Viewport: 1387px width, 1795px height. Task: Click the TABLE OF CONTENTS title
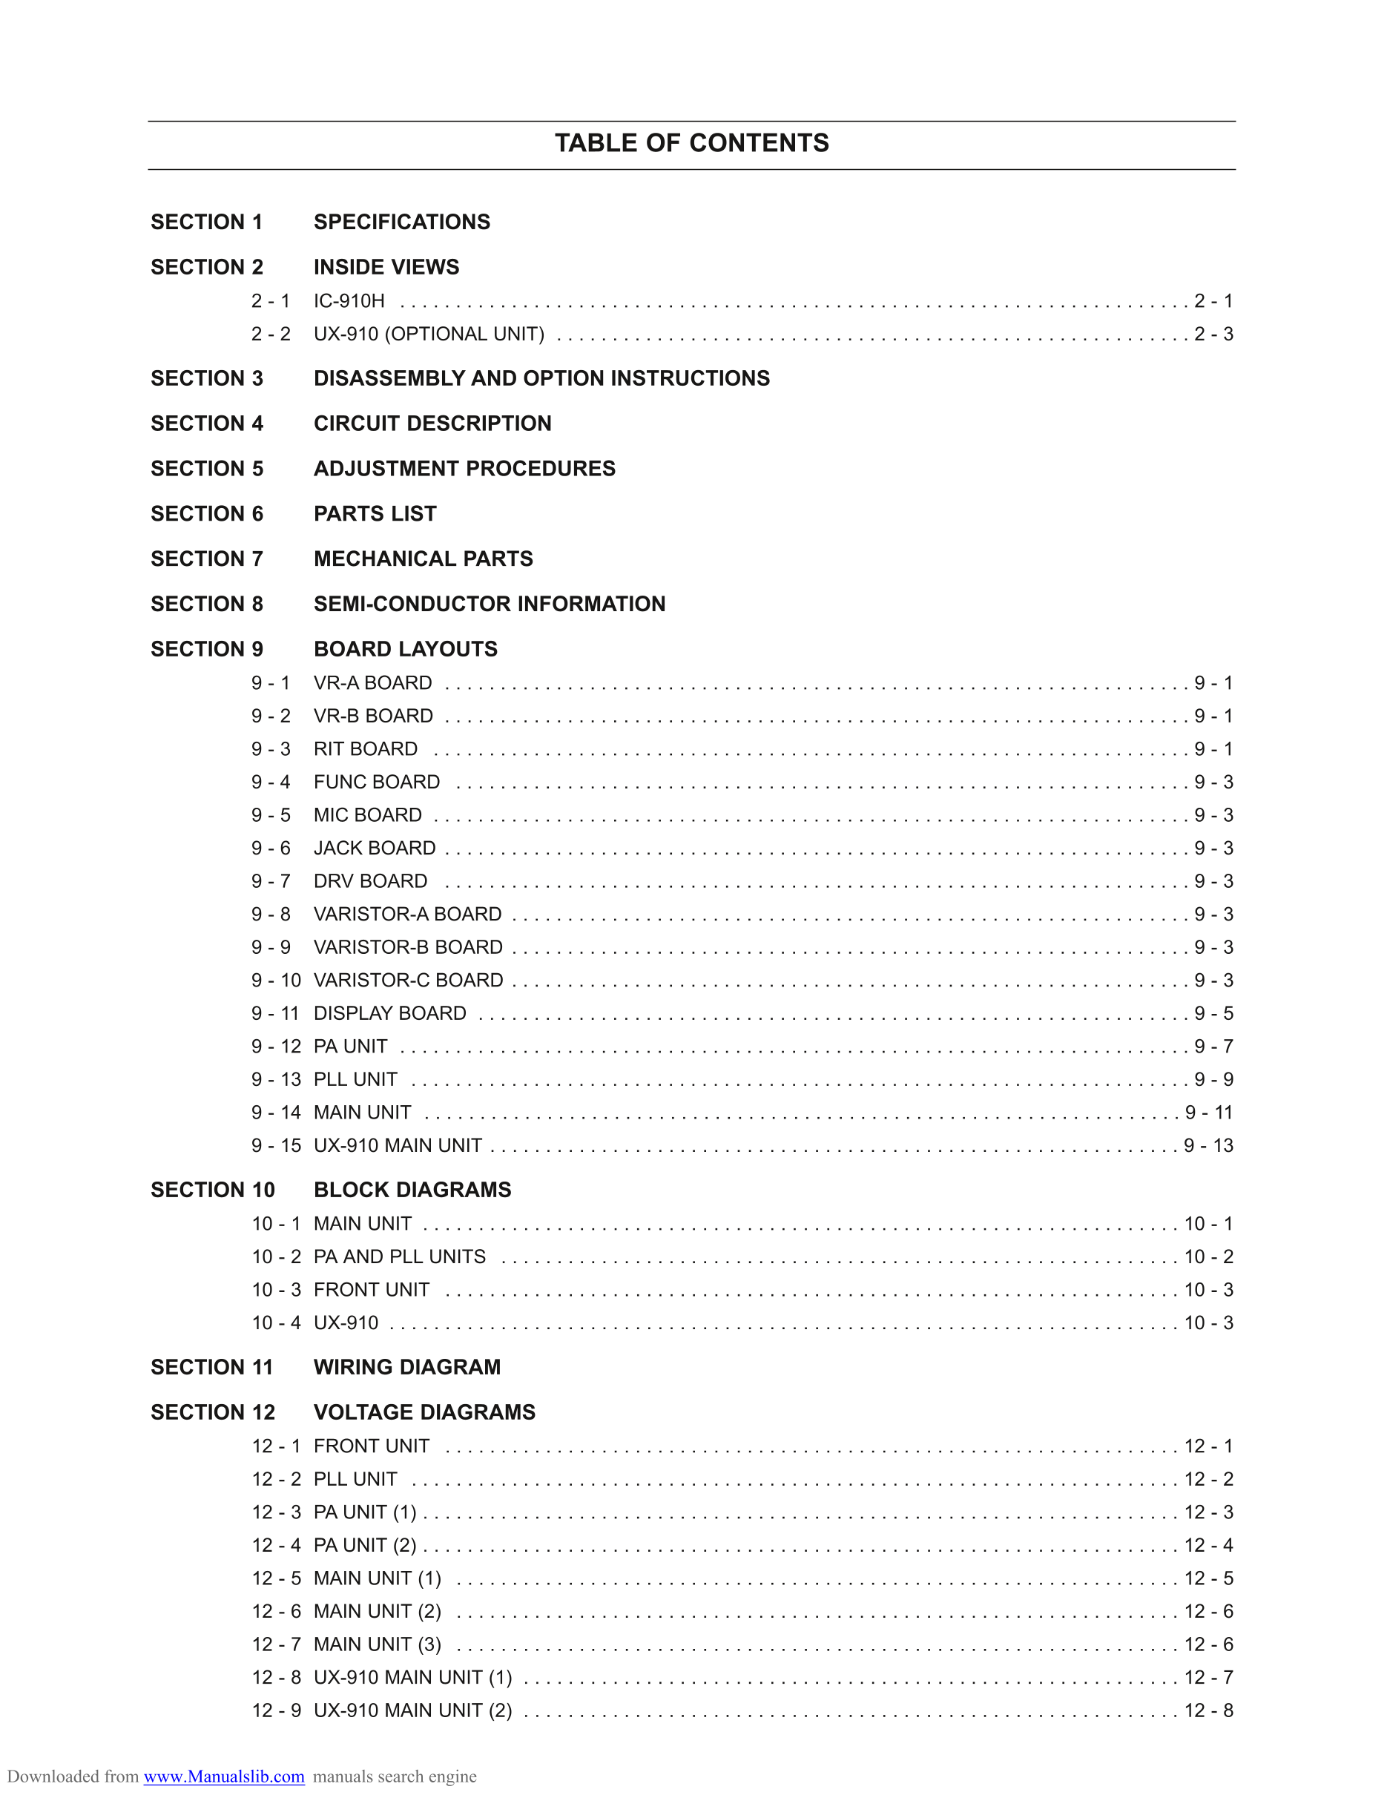pos(692,143)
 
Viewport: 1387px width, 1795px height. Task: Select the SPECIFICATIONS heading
pos(402,222)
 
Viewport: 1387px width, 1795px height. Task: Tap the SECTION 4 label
pos(207,424)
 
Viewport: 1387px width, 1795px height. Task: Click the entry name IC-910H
pos(349,301)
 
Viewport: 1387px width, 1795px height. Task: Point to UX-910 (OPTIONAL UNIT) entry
pos(429,334)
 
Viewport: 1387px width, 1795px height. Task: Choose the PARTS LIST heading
pos(375,514)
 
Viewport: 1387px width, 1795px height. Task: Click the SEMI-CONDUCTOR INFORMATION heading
pos(490,604)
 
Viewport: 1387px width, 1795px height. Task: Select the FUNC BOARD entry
pos(376,782)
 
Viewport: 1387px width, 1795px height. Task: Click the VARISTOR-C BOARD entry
pos(409,980)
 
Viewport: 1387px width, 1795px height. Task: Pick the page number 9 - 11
pos(1209,1112)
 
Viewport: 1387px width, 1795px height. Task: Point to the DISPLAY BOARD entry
pos(389,1013)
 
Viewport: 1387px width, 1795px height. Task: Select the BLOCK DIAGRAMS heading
pos(412,1190)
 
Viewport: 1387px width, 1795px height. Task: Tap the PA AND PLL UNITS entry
pos(399,1256)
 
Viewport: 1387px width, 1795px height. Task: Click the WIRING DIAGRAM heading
pos(406,1367)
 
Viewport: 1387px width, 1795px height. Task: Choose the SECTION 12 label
pos(213,1412)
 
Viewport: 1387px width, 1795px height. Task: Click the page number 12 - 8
pos(1209,1710)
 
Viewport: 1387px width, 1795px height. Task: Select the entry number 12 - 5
pos(276,1578)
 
